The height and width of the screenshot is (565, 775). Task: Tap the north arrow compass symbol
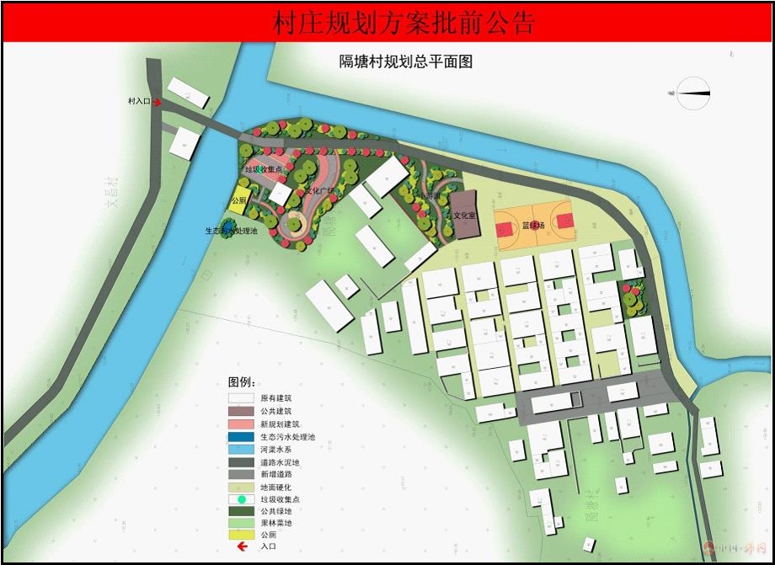[693, 93]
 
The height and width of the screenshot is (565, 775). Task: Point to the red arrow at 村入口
[157, 101]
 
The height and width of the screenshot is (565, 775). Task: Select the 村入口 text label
[137, 101]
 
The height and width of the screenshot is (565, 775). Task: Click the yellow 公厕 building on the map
[239, 201]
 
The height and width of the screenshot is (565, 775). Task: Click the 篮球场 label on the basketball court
[533, 226]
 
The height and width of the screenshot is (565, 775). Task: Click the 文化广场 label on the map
[320, 192]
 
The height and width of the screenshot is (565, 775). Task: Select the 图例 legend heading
[242, 381]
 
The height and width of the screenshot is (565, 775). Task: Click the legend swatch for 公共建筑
[240, 411]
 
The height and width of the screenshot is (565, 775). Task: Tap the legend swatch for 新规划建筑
[240, 424]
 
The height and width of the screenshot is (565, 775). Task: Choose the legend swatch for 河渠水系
[240, 449]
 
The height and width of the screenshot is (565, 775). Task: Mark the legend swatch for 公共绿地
[240, 511]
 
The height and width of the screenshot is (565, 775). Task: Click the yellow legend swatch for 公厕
[240, 536]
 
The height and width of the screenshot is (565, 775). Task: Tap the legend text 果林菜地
[276, 524]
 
